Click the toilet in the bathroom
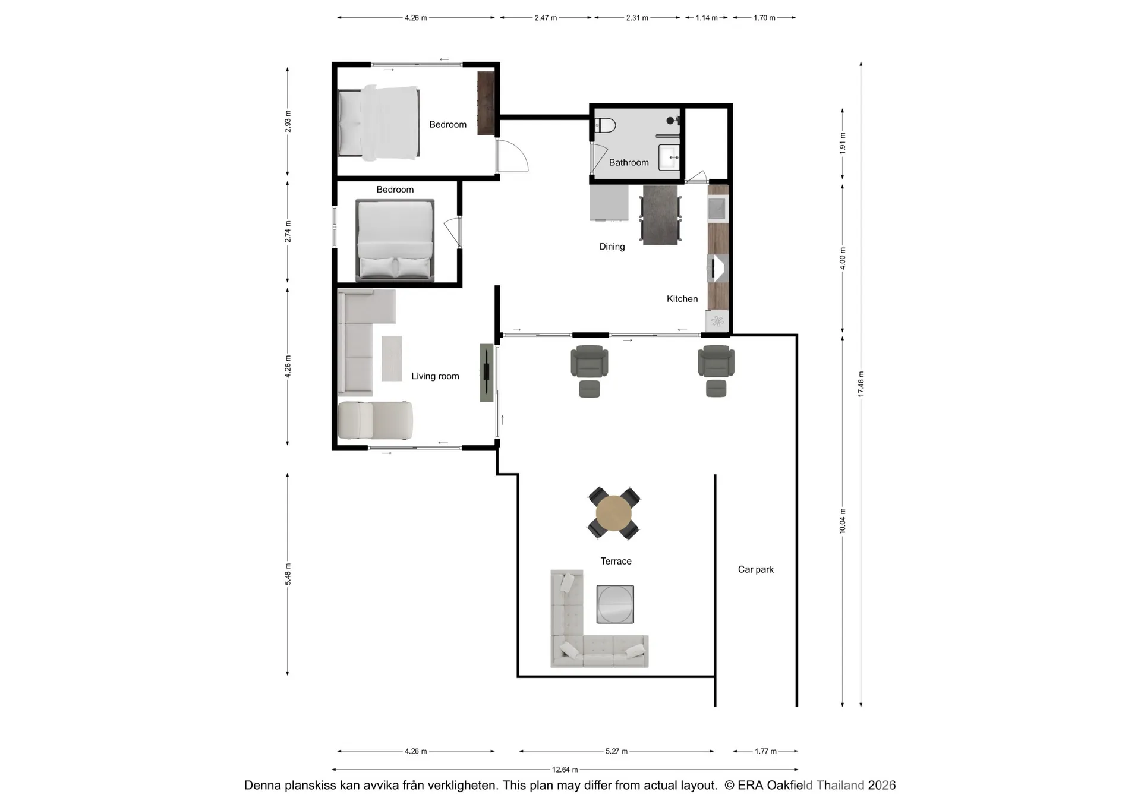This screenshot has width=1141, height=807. [x=606, y=125]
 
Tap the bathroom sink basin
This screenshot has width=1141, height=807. [x=669, y=158]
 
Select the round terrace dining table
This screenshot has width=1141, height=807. [x=614, y=513]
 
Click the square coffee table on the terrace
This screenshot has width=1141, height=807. [x=615, y=604]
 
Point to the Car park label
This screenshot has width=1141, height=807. [x=755, y=569]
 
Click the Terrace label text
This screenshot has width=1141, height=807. [x=616, y=561]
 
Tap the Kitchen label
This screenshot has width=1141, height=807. [x=682, y=299]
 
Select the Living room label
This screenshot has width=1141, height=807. [x=435, y=376]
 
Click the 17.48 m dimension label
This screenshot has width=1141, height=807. [x=861, y=384]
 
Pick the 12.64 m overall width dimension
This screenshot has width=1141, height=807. [x=565, y=770]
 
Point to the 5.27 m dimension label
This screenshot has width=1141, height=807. [x=616, y=751]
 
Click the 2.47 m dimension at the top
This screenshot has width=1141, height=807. [x=546, y=18]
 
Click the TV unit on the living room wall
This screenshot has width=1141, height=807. [x=487, y=373]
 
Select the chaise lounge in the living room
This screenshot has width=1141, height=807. [x=375, y=420]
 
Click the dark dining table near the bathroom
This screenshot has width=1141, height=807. [x=660, y=215]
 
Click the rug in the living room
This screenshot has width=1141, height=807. [x=392, y=358]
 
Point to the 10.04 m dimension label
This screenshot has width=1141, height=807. [x=843, y=521]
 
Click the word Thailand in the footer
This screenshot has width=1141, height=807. [x=840, y=785]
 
